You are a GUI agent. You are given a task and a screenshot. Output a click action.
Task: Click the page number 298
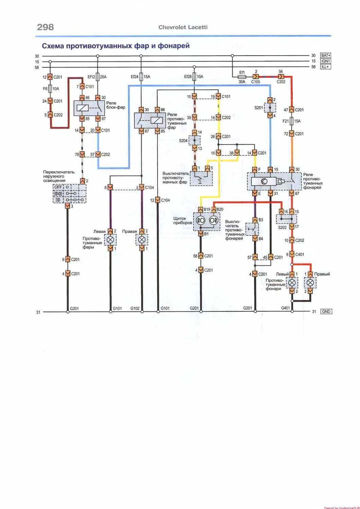[x=46, y=27]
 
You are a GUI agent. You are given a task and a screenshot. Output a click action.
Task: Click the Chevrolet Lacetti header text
[x=183, y=27]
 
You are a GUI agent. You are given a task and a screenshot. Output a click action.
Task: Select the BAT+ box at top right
[x=325, y=55]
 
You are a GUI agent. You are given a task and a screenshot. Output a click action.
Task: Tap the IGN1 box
[x=325, y=61]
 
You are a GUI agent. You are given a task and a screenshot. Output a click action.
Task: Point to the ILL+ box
[x=325, y=67]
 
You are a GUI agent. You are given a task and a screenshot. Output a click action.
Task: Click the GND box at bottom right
[x=326, y=312]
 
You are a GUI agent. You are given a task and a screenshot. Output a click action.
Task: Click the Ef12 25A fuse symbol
[x=98, y=77]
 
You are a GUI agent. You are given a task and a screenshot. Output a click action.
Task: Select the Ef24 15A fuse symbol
[x=142, y=77]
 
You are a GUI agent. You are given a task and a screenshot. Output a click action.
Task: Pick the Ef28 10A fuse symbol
[x=195, y=77]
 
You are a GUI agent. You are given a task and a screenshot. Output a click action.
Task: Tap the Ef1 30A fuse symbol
[x=242, y=77]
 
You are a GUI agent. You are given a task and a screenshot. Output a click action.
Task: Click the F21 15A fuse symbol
[x=291, y=121]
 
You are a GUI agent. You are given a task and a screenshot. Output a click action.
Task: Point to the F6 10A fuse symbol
[x=50, y=89]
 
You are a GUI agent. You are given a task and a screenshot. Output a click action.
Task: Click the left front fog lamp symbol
[x=110, y=240]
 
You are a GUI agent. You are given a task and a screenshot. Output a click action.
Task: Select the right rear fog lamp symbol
[x=310, y=283]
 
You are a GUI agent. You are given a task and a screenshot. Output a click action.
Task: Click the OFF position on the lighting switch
[x=58, y=187]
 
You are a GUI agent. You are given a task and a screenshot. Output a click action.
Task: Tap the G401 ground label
[x=285, y=308]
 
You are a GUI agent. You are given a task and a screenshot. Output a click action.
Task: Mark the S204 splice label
[x=183, y=140]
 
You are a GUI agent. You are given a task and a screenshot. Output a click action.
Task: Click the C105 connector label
[x=255, y=82]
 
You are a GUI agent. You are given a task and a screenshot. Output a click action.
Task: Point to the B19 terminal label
[x=207, y=209]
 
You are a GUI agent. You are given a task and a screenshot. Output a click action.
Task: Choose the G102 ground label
[x=135, y=308]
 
